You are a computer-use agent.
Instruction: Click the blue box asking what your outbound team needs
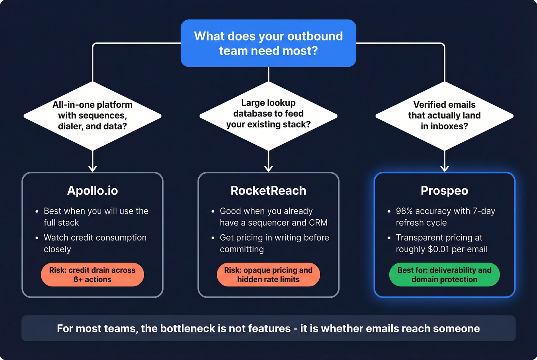pos(268,43)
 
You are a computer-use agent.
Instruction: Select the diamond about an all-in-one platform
pos(92,115)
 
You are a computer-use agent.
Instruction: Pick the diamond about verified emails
pos(444,115)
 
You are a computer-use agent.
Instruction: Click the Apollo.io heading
pos(92,191)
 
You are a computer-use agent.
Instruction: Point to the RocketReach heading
pos(268,191)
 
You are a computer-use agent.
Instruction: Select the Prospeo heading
pos(444,191)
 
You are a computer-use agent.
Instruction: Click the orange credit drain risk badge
pos(92,275)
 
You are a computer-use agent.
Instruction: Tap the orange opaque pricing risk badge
pos(268,275)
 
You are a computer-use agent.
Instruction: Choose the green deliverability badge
pos(444,275)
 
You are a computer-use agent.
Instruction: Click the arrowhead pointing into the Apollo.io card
pos(92,168)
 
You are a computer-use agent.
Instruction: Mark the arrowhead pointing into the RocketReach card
pos(268,168)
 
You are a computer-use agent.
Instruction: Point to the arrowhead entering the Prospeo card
pos(445,168)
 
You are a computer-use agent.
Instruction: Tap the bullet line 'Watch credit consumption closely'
pos(95,243)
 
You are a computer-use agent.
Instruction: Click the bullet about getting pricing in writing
pos(274,243)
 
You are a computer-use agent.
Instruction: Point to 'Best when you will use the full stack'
pos(96,217)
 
